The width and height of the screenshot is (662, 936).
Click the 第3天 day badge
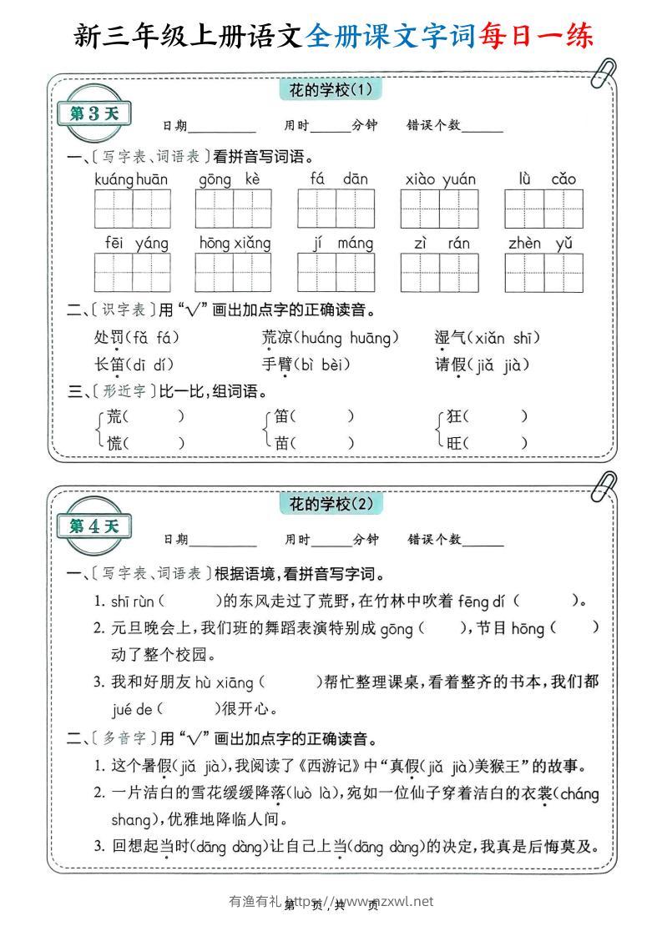[93, 114]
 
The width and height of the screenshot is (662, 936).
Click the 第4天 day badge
[93, 526]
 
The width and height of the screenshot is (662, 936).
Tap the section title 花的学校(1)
[330, 88]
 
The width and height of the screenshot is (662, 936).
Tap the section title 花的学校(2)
[331, 504]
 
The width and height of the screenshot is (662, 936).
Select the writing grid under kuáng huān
[132, 208]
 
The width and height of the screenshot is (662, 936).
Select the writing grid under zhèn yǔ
[543, 272]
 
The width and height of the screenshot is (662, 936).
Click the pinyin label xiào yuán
[440, 179]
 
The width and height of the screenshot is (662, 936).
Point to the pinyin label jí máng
[336, 244]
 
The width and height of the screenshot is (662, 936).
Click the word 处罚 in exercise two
[109, 338]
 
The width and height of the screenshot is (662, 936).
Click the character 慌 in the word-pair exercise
[115, 443]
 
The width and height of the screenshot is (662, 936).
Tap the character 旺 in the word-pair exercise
[455, 443]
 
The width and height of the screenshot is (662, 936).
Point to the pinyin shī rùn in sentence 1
[133, 601]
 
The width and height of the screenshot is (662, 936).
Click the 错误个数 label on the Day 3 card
[433, 126]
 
